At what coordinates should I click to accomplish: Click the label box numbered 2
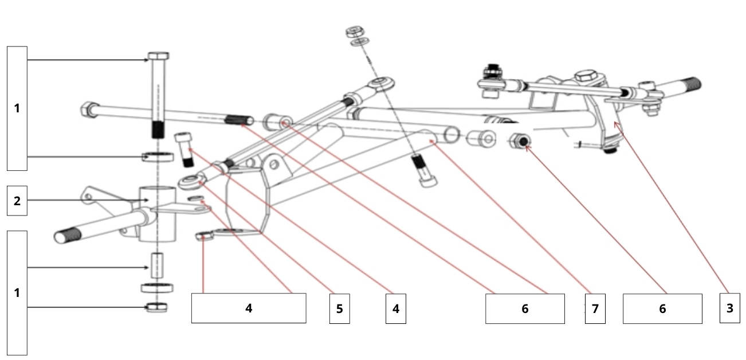pos(17,200)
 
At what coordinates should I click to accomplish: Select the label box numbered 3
pos(729,308)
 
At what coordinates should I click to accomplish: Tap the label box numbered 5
pos(339,308)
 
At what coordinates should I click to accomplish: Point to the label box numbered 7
pos(595,308)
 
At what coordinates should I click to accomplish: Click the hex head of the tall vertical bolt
pos(158,56)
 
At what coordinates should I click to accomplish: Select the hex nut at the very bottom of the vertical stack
pos(157,307)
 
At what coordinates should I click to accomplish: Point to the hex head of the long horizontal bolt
pos(88,107)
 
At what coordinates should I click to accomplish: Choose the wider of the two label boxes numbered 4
pos(248,308)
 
